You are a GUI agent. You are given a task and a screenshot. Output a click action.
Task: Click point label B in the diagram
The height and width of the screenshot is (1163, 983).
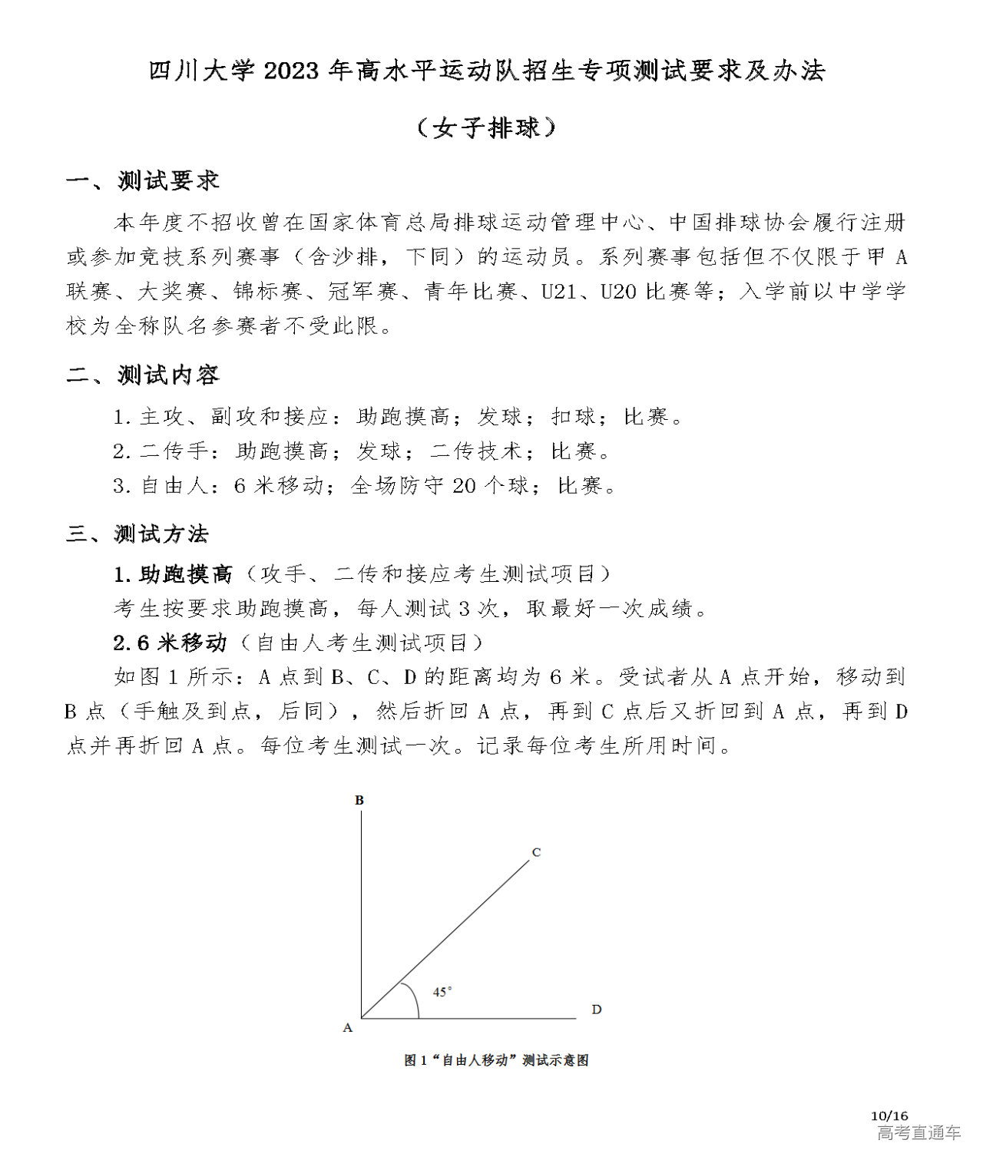point(359,800)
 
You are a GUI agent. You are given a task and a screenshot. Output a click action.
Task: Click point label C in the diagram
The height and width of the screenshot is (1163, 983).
point(536,852)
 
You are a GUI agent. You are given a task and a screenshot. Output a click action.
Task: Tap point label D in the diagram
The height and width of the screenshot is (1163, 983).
point(596,1009)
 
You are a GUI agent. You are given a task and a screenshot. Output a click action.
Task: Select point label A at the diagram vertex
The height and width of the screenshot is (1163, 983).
point(347,1027)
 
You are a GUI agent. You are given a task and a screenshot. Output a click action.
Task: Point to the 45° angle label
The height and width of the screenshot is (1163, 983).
point(442,991)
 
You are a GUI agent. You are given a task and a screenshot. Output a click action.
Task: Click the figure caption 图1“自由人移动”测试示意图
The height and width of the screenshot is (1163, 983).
point(496,1060)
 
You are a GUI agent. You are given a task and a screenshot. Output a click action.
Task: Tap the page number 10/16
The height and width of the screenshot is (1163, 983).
point(889,1115)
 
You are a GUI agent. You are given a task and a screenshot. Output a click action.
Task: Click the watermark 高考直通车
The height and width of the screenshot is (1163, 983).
point(918,1132)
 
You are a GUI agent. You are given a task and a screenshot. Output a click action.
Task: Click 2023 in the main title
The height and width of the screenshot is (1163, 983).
point(290,71)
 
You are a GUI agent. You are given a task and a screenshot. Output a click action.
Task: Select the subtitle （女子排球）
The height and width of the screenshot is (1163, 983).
point(486,127)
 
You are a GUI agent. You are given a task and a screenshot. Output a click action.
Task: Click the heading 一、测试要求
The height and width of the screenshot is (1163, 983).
point(143,181)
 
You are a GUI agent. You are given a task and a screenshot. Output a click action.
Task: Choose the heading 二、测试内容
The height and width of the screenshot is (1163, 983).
point(143,375)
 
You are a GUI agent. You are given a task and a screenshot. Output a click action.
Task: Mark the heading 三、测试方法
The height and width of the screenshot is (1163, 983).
point(137,534)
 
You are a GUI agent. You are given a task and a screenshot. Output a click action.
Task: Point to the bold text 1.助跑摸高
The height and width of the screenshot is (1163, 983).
point(173,573)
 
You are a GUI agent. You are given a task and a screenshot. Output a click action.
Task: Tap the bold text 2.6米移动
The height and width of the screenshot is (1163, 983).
point(170,642)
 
